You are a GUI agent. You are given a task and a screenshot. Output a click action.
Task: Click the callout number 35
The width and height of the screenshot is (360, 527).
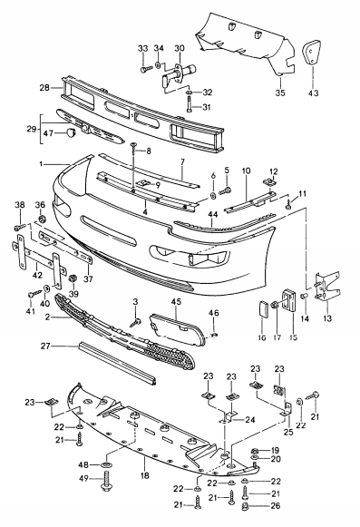(x=280, y=93)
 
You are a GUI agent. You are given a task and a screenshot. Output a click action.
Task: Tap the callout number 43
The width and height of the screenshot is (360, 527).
(x=314, y=93)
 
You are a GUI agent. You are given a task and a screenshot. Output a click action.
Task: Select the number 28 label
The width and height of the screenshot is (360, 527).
(x=44, y=88)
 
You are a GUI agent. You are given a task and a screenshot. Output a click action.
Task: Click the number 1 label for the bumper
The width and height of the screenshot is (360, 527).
(x=40, y=164)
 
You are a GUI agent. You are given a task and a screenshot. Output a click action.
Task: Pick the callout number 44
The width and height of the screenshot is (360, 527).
(x=214, y=216)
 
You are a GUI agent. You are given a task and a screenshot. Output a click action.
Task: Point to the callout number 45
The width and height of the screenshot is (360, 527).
(x=175, y=302)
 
